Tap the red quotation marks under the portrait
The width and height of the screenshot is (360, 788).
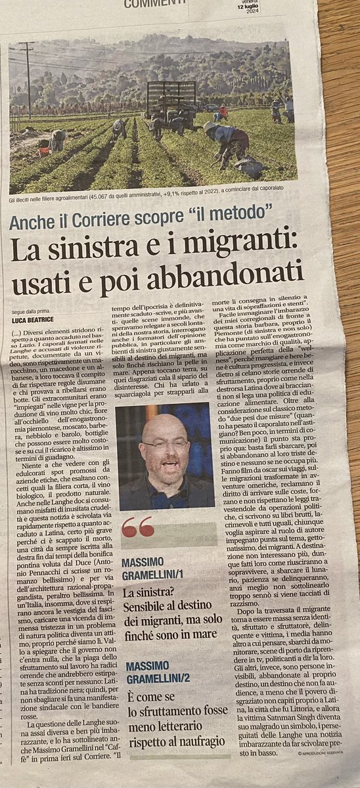(x=137, y=525)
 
